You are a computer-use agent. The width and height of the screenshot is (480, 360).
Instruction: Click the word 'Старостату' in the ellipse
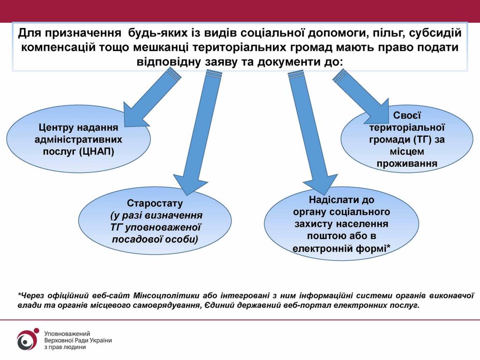[x=155, y=203]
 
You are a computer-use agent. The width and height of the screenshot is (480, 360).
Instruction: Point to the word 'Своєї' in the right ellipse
[x=407, y=115]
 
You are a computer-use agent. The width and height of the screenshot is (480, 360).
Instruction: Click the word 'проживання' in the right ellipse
[x=407, y=164]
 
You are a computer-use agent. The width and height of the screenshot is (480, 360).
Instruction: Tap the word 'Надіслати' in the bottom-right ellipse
[x=331, y=200]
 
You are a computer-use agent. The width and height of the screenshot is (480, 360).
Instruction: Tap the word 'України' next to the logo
[x=102, y=340]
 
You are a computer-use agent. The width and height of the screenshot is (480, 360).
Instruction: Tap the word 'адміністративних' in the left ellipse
[x=78, y=140]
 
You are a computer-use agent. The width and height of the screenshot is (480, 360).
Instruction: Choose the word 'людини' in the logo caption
[x=77, y=347]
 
